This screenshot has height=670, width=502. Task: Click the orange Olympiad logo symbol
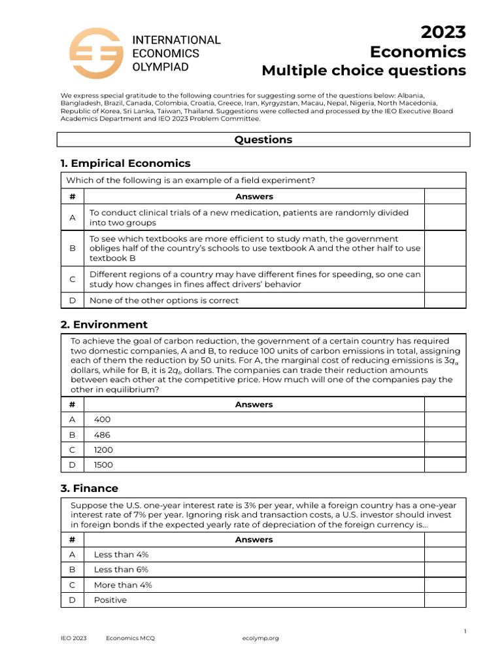tap(95, 53)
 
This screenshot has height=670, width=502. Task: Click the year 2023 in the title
tap(443, 32)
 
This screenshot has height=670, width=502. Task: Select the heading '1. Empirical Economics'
tap(125, 163)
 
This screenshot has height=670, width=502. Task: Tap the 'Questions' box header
tap(263, 139)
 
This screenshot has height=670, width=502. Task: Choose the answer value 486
tap(103, 434)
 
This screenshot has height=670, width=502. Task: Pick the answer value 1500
tap(103, 465)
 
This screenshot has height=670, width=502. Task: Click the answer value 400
tap(103, 419)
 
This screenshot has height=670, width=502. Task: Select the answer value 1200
tap(103, 450)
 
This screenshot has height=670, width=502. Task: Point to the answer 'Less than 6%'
tap(122, 569)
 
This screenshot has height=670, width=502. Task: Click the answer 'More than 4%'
tap(123, 585)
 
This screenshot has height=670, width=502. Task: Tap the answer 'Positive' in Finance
tap(110, 600)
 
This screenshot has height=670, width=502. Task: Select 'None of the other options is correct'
tap(164, 300)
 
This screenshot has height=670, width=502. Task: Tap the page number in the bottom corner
tap(465, 631)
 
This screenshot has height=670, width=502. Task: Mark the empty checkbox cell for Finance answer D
tap(445, 600)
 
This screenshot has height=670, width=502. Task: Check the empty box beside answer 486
tap(445, 434)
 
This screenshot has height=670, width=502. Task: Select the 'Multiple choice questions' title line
tap(364, 71)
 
